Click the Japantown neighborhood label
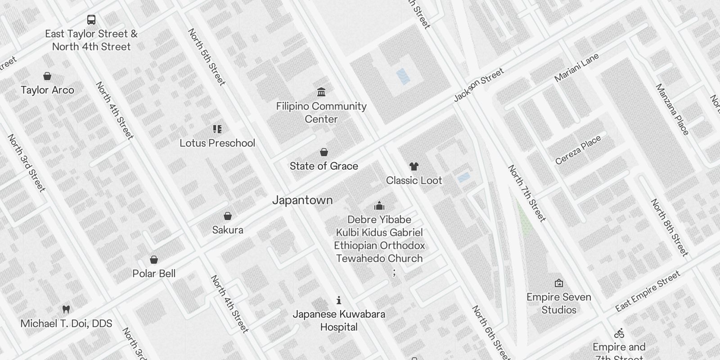pyautogui.click(x=302, y=200)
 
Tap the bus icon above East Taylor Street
pyautogui.click(x=91, y=20)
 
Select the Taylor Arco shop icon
pyautogui.click(x=47, y=76)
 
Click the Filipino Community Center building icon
pyautogui.click(x=321, y=92)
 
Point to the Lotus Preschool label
pyautogui.click(x=217, y=143)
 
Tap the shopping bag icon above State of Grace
pyautogui.click(x=324, y=152)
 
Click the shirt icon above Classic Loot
pyautogui.click(x=414, y=166)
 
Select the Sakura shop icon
pyautogui.click(x=228, y=216)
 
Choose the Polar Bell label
pyautogui.click(x=154, y=274)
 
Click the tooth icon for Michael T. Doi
pyautogui.click(x=66, y=309)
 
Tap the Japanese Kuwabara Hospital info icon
pyautogui.click(x=339, y=300)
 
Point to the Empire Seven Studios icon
pyautogui.click(x=559, y=283)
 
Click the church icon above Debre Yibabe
pyautogui.click(x=379, y=206)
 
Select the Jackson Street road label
pyautogui.click(x=478, y=85)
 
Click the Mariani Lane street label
pyautogui.click(x=576, y=67)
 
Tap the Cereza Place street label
pyautogui.click(x=578, y=150)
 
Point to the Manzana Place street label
pyautogui.click(x=672, y=109)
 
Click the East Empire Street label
pyautogui.click(x=648, y=292)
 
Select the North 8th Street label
pyautogui.click(x=670, y=228)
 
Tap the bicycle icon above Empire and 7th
pyautogui.click(x=619, y=333)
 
